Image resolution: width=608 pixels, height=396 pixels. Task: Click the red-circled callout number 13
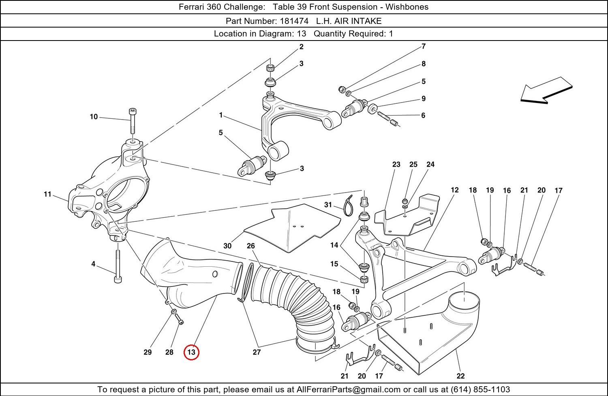coord(191,352)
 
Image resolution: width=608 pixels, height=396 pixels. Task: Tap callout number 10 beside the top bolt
coord(94,117)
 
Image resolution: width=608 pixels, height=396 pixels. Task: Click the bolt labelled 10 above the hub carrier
coord(132,121)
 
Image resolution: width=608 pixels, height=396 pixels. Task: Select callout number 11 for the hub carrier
coord(48,194)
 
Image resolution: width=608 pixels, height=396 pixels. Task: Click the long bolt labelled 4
coord(118,265)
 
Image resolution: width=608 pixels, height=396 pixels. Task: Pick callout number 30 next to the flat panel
coord(227,246)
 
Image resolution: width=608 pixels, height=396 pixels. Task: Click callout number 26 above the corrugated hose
coord(251,246)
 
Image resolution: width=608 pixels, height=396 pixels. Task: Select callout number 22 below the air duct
coord(460,376)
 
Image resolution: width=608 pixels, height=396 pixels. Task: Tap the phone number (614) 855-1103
coord(480,390)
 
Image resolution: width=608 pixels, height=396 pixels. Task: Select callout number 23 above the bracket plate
coord(396,164)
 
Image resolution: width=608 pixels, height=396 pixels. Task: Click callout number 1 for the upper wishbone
coord(221,115)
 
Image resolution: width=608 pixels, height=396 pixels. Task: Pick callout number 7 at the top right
coord(424,46)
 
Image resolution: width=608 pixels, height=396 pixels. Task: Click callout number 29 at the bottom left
coord(148,352)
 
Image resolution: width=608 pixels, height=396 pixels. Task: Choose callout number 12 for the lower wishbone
coord(454,190)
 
